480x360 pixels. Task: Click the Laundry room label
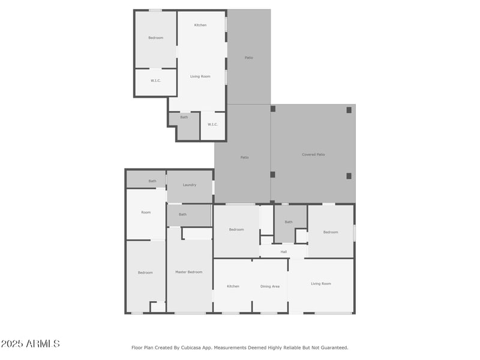pos(190,185)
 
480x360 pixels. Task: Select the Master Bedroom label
pos(188,272)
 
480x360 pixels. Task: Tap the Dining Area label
pos(269,286)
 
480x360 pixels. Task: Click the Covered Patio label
pos(313,155)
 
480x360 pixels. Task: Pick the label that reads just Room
pos(146,212)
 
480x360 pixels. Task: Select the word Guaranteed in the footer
pos(334,347)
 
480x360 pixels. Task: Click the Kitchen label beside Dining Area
pos(233,286)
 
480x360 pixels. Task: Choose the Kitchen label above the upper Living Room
pos(200,25)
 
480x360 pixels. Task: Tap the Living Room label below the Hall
pos(321,284)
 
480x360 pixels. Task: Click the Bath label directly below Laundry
pos(182,214)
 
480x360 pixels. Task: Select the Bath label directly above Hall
pos(289,222)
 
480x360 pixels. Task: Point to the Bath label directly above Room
pos(152,181)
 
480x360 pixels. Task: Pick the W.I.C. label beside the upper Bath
pos(212,124)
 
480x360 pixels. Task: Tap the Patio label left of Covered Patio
pos(244,157)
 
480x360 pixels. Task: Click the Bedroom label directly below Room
pos(145,272)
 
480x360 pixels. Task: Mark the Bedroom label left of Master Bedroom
pos(145,272)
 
